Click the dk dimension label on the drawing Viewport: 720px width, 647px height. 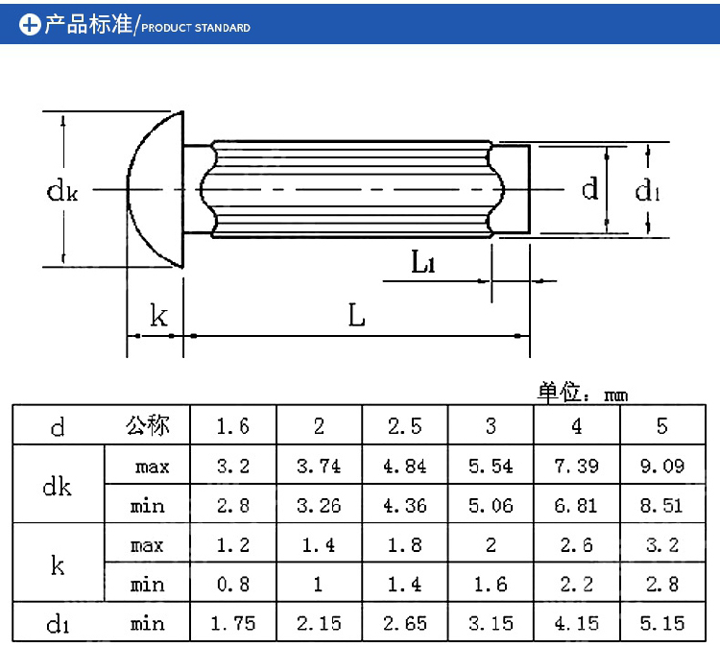click(62, 190)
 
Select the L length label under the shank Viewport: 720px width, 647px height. click(356, 315)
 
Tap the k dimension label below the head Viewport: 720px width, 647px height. click(158, 315)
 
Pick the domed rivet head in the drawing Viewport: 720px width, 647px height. click(156, 189)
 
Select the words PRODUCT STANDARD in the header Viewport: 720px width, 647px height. click(196, 28)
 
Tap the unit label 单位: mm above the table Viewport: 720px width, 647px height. click(582, 392)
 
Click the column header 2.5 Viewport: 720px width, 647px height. click(404, 426)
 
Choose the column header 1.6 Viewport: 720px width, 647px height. click(232, 426)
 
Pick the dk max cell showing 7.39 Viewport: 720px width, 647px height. click(576, 466)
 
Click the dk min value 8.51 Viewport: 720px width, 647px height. click(661, 505)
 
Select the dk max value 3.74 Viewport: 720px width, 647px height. click(319, 466)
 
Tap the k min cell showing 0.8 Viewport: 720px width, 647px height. click(232, 584)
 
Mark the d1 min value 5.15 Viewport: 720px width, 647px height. click(661, 623)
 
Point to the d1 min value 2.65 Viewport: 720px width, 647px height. click(404, 623)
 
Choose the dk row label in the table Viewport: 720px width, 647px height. click(58, 486)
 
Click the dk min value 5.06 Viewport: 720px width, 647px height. click(490, 505)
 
